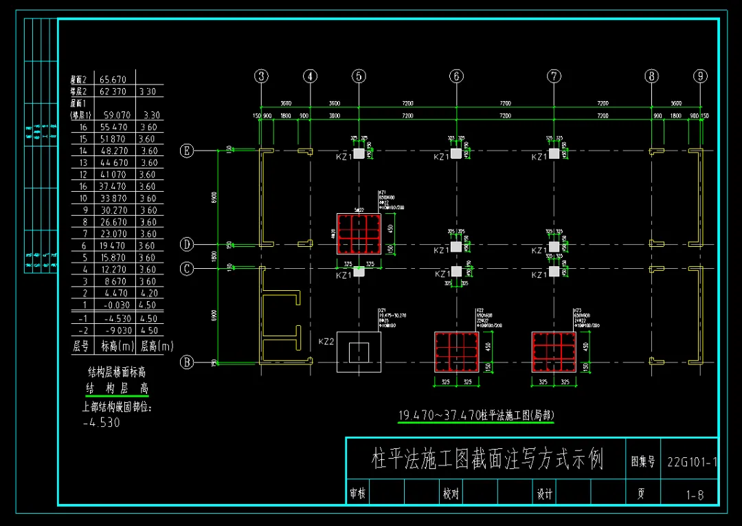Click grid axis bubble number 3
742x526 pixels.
261,76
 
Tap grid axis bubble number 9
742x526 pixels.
700,76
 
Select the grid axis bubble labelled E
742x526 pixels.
186,151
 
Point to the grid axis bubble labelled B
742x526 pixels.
186,362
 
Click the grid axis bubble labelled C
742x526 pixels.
186,269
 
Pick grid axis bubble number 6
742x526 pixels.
456,76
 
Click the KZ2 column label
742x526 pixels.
326,342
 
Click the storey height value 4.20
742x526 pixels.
148,293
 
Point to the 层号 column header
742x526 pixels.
81,346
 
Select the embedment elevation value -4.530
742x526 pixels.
101,422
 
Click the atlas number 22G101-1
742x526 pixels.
692,461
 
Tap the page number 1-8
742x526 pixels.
695,494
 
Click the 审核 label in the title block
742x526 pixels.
357,493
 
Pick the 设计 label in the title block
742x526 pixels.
543,493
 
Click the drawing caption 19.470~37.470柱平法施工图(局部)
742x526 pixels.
476,415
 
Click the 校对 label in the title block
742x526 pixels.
450,493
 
